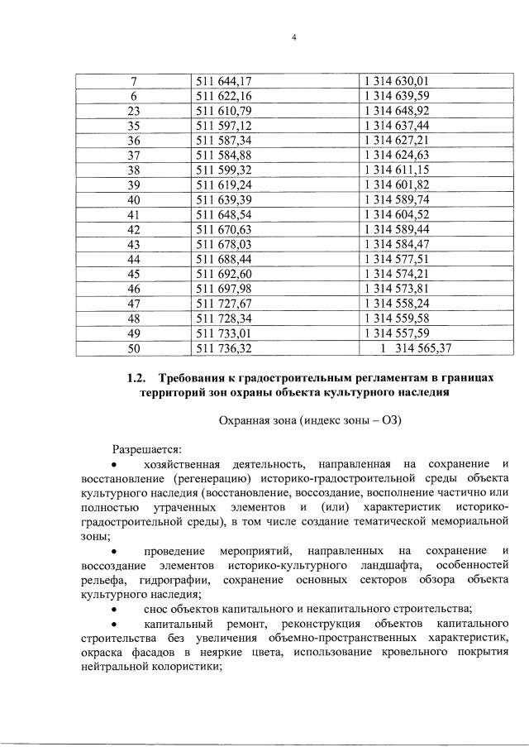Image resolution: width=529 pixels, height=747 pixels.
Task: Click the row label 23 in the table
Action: (134, 111)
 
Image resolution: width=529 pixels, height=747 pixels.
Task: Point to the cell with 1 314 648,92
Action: (396, 111)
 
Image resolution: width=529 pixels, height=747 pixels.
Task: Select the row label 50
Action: (134, 349)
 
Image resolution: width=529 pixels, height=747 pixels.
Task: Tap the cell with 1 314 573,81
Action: (396, 290)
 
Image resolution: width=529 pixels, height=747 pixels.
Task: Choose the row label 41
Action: (134, 215)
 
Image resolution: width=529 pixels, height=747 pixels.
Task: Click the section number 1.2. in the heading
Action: (137, 378)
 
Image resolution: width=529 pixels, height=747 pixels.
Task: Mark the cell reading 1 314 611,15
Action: (396, 170)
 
